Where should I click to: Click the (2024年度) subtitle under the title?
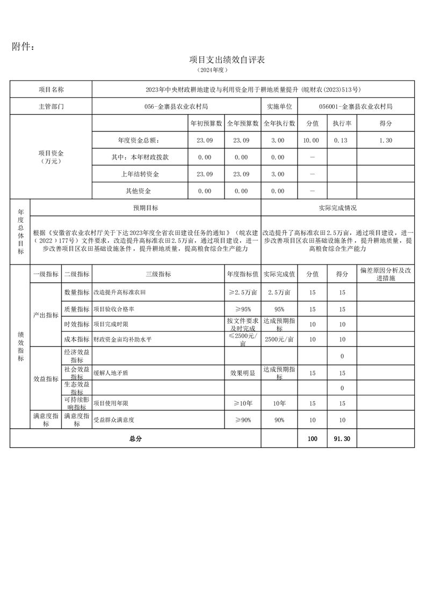coord(213,70)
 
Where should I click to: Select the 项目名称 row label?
coord(51,89)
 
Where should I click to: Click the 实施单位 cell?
coord(279,106)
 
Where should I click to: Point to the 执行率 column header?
coord(342,123)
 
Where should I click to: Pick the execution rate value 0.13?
coord(342,140)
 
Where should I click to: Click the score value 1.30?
coord(386,140)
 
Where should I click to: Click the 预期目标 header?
coord(146,208)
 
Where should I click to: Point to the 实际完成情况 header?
coord(337,208)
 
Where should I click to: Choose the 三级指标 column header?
coord(158,274)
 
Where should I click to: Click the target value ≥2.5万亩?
coord(243,292)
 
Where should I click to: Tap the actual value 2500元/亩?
coord(279,339)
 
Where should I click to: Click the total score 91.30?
coord(342,438)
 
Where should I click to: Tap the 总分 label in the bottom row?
coord(135,438)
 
